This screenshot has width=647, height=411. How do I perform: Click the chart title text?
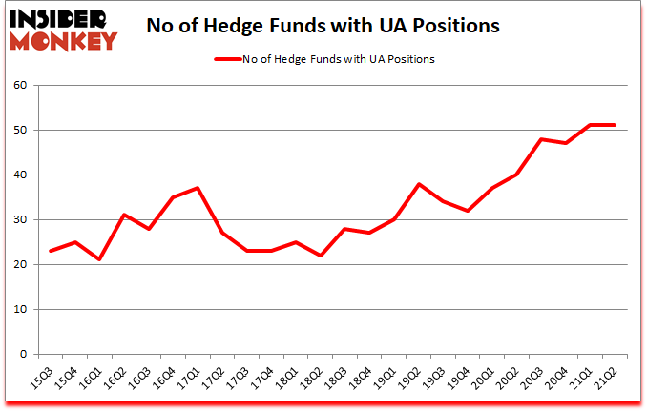pos(323,27)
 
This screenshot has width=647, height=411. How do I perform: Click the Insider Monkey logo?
pos(63,28)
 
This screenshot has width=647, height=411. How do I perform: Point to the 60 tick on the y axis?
pos(20,85)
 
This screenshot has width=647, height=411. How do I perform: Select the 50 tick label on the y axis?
pos(20,130)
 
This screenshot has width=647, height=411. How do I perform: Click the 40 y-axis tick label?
pos(20,175)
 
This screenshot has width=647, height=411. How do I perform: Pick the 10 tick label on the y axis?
pos(20,310)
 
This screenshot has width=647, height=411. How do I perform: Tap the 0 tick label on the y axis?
pos(24,355)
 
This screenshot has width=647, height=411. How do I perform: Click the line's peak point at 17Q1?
pos(198,188)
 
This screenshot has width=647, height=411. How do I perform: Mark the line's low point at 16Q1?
pos(99,259)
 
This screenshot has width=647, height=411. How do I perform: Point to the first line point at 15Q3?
pos(50,251)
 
